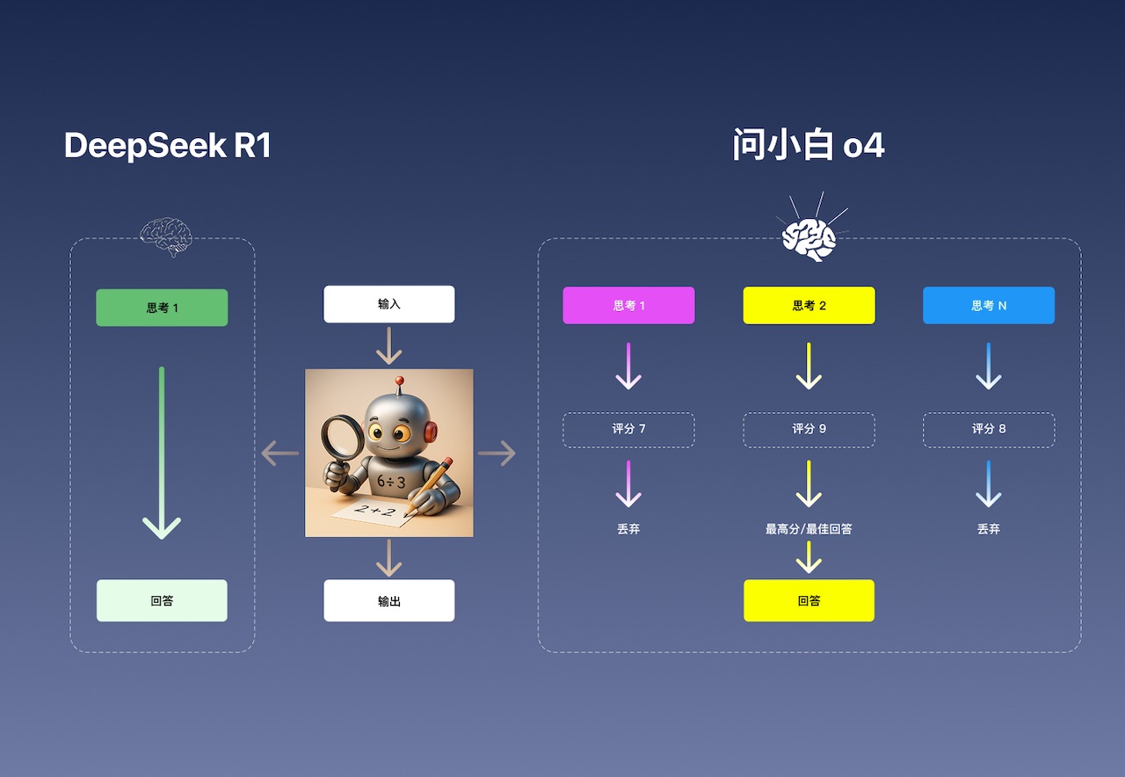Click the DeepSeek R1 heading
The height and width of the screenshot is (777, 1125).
[167, 146]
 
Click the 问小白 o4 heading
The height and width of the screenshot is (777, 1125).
[809, 145]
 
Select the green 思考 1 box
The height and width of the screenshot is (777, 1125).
[162, 308]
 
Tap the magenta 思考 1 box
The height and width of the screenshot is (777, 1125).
[628, 306]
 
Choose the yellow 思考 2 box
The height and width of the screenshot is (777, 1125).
[809, 306]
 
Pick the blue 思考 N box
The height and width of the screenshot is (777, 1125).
[989, 306]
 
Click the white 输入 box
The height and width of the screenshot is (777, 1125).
[388, 304]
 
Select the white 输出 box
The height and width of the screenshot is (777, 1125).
[388, 601]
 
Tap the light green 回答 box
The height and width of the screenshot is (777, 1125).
[162, 601]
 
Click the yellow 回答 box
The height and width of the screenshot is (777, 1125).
[809, 601]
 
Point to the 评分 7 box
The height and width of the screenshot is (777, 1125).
[628, 430]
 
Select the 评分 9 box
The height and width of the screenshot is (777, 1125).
[809, 430]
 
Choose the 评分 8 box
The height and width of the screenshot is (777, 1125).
[989, 430]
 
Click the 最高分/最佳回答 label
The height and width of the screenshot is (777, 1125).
[809, 529]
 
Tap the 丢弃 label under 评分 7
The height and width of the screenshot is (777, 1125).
[628, 529]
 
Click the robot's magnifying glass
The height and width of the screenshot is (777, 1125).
[339, 436]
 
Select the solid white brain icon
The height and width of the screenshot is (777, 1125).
[809, 237]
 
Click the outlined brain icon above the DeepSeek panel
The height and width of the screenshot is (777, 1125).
[165, 236]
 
